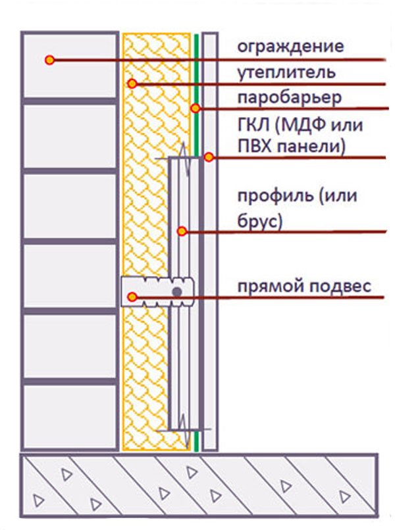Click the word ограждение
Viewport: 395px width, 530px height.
click(x=290, y=47)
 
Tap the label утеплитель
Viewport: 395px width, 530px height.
click(x=286, y=72)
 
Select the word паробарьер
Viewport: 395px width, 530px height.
click(x=290, y=99)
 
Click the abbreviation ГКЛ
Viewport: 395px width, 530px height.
click(x=254, y=126)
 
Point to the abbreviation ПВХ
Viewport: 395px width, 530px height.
click(x=255, y=147)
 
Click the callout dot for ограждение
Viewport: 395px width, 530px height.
click(x=50, y=60)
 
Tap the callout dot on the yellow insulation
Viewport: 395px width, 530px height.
click(x=132, y=83)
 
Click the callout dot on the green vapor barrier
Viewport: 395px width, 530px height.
click(x=196, y=108)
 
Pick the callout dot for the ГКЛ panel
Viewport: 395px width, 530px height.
click(x=209, y=157)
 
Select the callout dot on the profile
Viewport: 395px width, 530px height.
click(x=182, y=231)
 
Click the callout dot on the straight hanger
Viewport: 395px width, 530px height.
click(x=132, y=297)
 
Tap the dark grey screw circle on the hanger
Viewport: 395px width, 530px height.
click(x=177, y=292)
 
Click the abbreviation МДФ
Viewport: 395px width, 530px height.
click(x=303, y=126)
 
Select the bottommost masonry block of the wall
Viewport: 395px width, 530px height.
click(x=70, y=416)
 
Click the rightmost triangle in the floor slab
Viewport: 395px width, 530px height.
click(x=344, y=496)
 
